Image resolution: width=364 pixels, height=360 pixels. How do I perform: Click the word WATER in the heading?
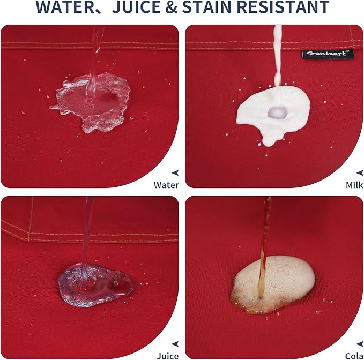coord(68,7)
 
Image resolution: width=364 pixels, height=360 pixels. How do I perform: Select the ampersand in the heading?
coord(172,7)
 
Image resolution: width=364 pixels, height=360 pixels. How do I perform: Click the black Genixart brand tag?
coord(328,54)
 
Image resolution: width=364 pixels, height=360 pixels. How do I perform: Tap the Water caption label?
coord(166,185)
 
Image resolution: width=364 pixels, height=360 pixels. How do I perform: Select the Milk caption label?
coord(354,185)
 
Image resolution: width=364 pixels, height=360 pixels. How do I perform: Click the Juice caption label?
coord(168,356)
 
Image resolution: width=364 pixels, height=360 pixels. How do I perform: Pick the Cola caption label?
coord(354,356)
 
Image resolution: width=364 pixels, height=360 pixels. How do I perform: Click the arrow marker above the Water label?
coord(175,172)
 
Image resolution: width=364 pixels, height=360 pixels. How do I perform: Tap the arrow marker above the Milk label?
coord(360,172)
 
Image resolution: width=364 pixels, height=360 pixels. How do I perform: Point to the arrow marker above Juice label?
coord(175,344)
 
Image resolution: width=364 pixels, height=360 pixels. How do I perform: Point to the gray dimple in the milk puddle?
coord(277,112)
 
